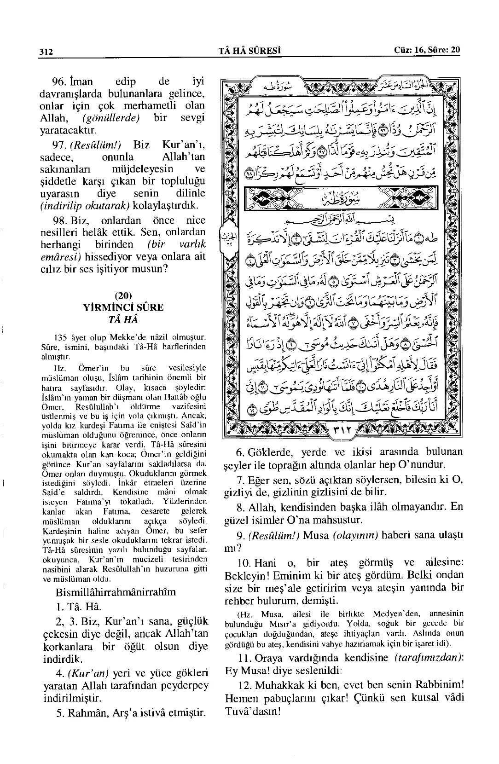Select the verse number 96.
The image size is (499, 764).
(x=59, y=82)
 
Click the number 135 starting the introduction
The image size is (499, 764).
(x=61, y=338)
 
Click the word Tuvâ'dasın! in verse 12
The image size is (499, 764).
(x=252, y=711)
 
